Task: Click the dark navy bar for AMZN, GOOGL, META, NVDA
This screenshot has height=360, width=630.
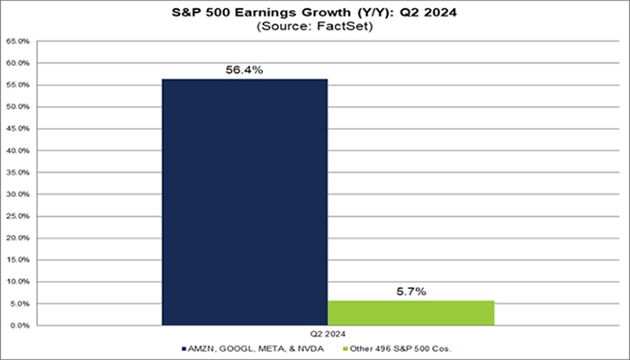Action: [244, 202]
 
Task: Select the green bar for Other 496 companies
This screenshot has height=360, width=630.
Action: [410, 312]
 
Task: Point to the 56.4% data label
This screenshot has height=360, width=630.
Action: [244, 68]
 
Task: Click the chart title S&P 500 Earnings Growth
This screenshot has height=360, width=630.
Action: [314, 12]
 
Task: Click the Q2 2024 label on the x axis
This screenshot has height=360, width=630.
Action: [328, 331]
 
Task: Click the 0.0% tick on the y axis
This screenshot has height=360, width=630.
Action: [20, 325]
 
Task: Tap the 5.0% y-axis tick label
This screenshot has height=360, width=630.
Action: [20, 303]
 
